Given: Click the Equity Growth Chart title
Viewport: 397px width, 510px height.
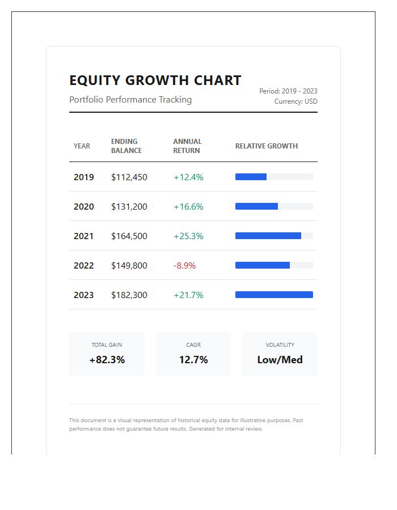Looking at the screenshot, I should tap(155, 80).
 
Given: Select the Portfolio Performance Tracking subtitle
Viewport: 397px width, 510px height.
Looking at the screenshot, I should tap(130, 100).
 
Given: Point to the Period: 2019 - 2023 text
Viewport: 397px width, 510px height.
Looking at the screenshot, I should tap(288, 91).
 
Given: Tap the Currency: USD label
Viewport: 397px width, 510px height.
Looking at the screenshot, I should tap(295, 101).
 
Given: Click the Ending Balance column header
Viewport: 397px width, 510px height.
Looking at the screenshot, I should tap(126, 146).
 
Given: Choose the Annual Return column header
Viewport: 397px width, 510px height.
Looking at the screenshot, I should tap(187, 146).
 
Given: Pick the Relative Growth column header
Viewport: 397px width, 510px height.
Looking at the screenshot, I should tap(266, 146).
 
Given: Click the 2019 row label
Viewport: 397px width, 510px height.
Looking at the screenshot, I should tap(83, 177).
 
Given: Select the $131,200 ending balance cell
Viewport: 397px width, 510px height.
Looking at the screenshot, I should tap(129, 207).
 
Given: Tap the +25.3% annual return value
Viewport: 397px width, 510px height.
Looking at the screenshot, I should tap(188, 236).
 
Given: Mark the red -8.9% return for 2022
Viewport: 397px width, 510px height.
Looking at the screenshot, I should tap(184, 266).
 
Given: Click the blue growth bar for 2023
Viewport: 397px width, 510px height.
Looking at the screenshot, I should tap(274, 295).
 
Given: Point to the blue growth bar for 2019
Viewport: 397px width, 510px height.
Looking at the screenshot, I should tap(251, 177).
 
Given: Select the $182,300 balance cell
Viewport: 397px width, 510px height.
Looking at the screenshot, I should tap(129, 295).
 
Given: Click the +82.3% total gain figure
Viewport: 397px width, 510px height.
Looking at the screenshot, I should tap(107, 360).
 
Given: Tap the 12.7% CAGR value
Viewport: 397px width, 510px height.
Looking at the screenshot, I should tap(193, 360).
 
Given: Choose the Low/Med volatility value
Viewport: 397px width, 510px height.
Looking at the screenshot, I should tap(280, 360).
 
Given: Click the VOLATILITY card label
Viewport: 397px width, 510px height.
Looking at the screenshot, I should tap(280, 345).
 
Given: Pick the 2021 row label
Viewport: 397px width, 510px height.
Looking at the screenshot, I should tap(83, 236).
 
